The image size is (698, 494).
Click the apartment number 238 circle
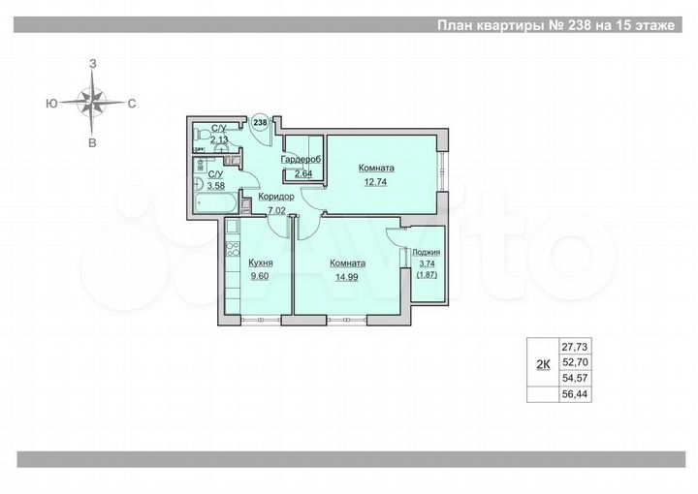pos(259,123)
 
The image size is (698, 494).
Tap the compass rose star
pos(93,101)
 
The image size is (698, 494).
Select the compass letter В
pos(93,143)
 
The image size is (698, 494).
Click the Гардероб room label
pos(301,160)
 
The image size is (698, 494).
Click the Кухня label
pos(260,262)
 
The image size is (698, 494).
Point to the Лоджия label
pos(427,251)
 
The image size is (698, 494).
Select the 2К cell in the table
pos(543,364)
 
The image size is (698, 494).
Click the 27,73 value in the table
pos(576,346)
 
